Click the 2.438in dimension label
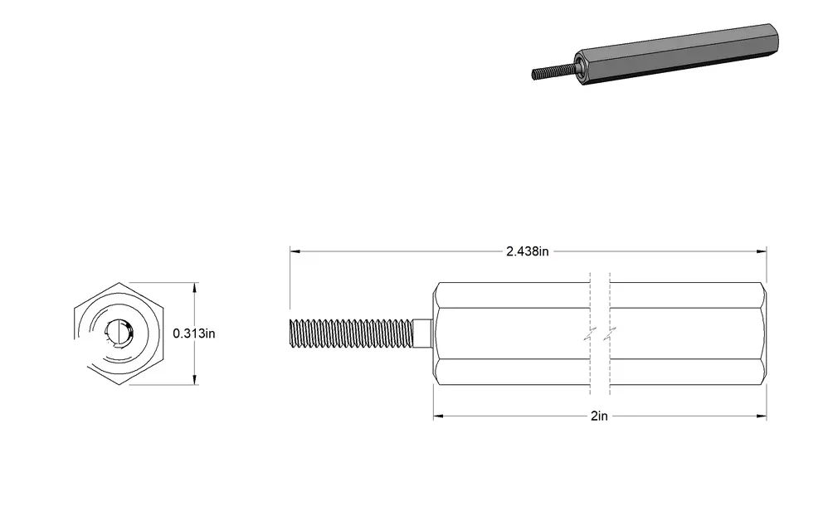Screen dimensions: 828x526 [527, 251]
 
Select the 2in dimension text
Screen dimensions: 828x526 [599, 416]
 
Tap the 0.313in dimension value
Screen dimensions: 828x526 [194, 334]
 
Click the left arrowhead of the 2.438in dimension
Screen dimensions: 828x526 [295, 251]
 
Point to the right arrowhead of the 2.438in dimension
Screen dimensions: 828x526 [762, 251]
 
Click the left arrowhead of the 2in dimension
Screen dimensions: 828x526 [438, 416]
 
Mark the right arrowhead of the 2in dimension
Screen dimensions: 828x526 [762, 416]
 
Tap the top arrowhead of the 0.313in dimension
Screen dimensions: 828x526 [195, 288]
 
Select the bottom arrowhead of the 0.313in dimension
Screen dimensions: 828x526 [195, 379]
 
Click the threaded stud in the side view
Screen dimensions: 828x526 [352, 334]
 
